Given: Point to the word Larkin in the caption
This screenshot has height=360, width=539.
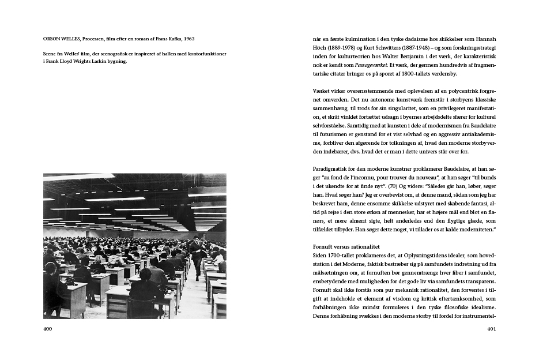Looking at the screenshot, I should click(x=96, y=61).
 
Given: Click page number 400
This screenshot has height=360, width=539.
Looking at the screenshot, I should click(x=48, y=329).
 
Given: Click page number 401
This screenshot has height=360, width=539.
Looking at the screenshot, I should click(x=491, y=329).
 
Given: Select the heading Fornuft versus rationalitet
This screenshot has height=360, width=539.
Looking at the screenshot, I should click(x=340, y=246).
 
